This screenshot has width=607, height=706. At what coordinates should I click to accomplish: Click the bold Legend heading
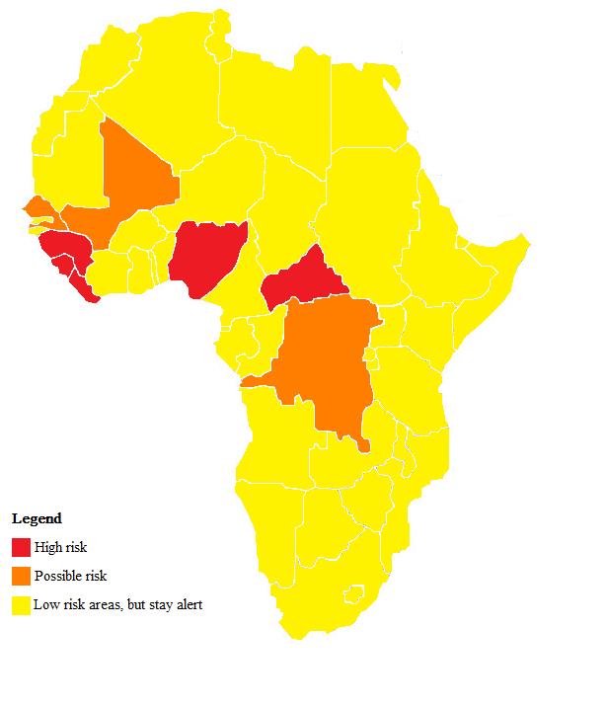(37, 518)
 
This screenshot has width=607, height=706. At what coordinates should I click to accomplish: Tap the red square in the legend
(21, 547)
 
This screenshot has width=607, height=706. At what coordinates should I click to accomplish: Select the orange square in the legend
(21, 576)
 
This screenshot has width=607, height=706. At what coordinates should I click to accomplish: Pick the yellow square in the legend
(21, 604)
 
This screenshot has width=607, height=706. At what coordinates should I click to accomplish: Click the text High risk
(61, 547)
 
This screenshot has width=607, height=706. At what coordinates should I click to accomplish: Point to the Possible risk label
(70, 576)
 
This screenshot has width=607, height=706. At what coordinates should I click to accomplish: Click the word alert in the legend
(187, 604)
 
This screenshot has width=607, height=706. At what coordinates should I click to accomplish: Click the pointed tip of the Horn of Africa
(528, 239)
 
